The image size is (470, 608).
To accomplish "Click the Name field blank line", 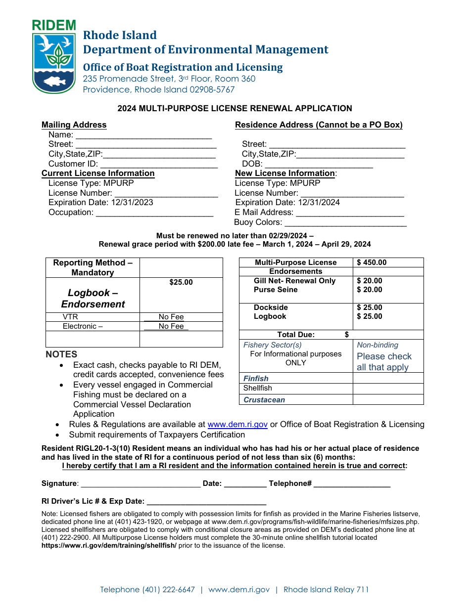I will (143, 135).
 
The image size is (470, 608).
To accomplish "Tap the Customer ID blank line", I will (159, 165).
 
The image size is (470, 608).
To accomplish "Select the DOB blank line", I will (319, 165).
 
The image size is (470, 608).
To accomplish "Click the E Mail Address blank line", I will (350, 213).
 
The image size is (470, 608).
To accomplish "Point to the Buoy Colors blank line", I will (352, 223).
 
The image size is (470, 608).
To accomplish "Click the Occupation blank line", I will (154, 213).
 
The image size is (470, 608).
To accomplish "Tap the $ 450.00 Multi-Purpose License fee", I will (372, 262).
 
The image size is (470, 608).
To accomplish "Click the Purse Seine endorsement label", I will (276, 290).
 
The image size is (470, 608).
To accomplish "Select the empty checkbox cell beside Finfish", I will (388, 378).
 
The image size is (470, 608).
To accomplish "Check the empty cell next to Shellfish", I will (388, 389).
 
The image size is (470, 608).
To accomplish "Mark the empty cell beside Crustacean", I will (388, 399).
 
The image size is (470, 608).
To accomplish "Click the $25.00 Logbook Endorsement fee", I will (181, 282).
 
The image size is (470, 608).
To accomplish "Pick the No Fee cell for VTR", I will (171, 317).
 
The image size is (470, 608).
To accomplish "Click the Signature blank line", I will (141, 484).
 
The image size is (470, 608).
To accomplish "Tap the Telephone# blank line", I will (352, 484).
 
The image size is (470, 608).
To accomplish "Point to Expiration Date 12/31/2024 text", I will (287, 202).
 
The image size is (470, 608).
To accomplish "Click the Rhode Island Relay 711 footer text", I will (326, 590).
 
